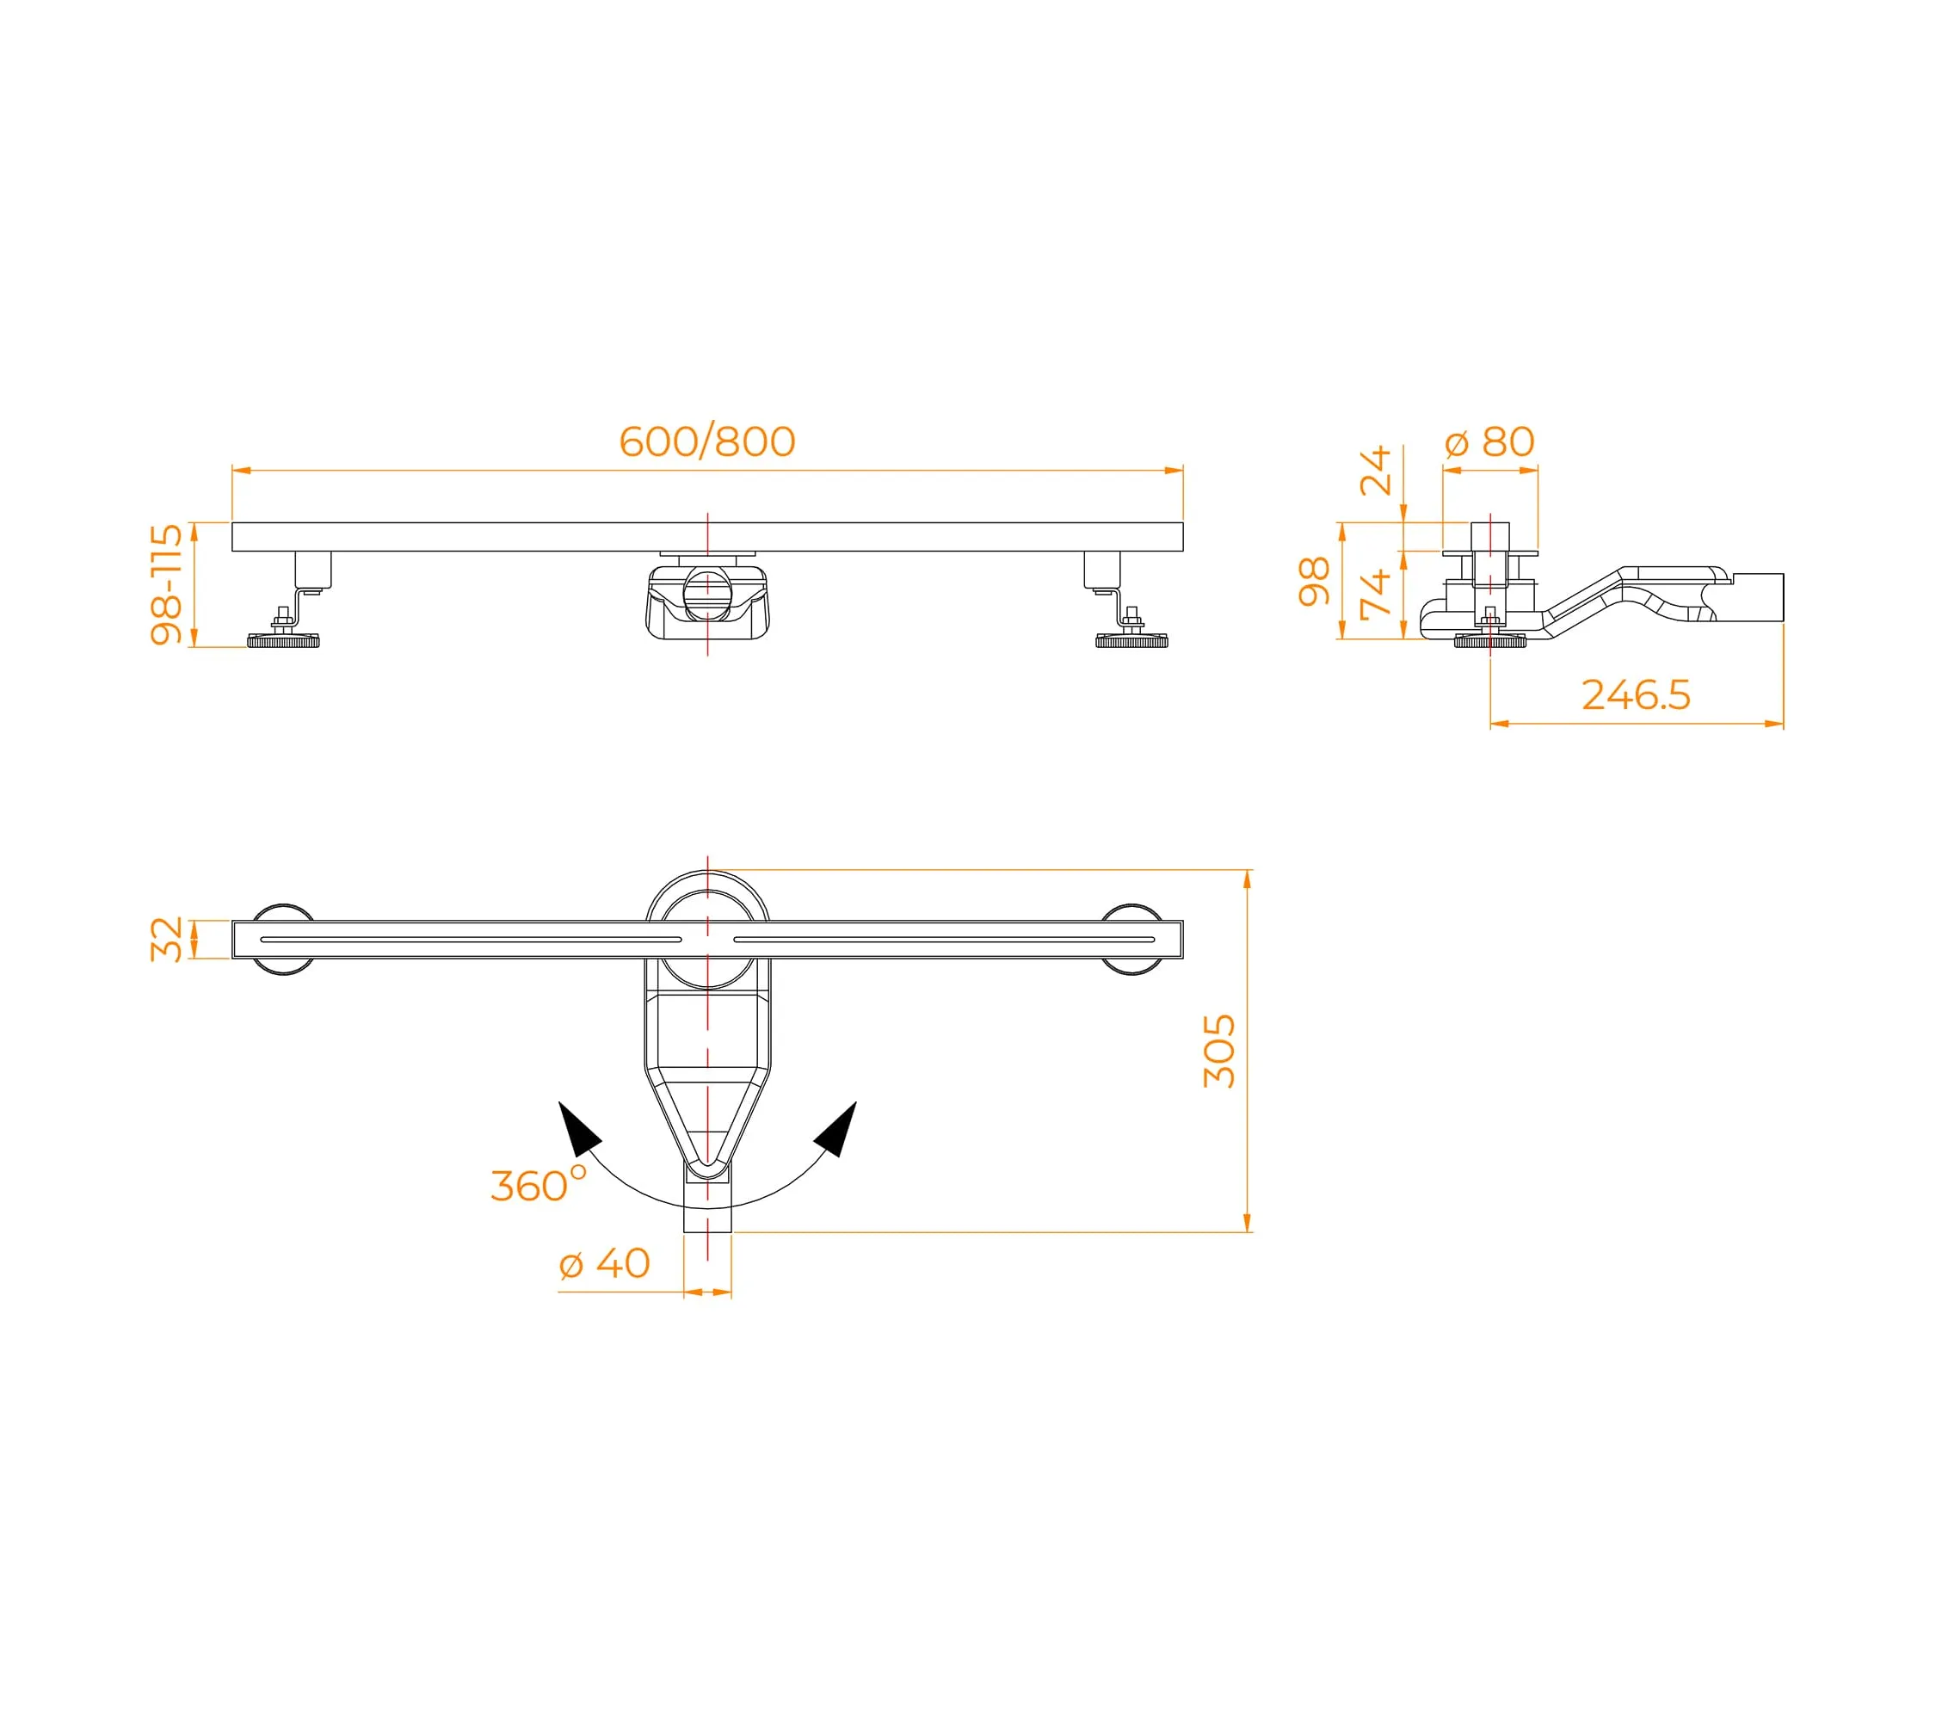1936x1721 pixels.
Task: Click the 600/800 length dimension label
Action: [x=706, y=441]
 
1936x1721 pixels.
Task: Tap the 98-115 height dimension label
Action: [x=167, y=584]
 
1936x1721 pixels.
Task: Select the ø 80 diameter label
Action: [x=1490, y=441]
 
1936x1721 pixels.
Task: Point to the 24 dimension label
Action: [x=1374, y=471]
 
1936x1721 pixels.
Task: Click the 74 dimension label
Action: [x=1374, y=595]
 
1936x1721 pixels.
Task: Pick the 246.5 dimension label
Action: [x=1636, y=695]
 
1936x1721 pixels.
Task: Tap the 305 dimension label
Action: [x=1219, y=1052]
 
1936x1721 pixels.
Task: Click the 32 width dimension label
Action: [x=167, y=939]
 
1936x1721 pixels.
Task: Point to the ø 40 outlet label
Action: [x=604, y=1263]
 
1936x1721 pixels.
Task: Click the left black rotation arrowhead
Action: [x=577, y=1128]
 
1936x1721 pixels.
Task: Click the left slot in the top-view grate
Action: [x=471, y=940]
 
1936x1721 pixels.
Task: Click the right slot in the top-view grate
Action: [x=944, y=940]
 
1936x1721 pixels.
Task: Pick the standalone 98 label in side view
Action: [x=1314, y=582]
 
